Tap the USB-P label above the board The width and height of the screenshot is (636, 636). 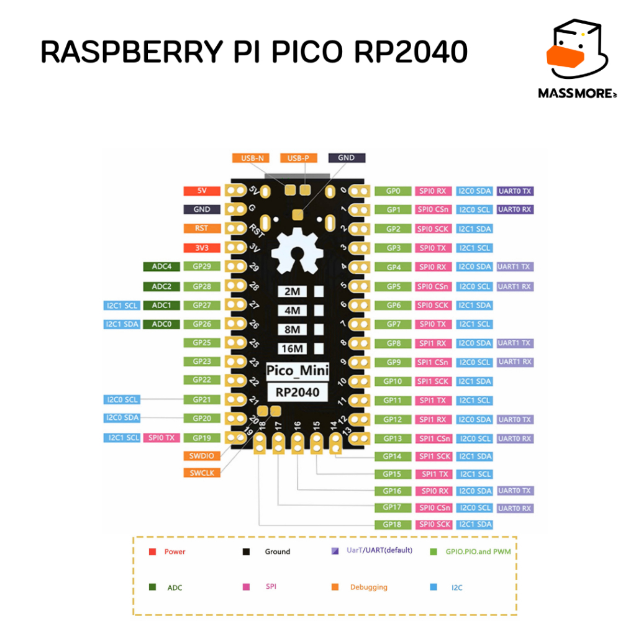(299, 158)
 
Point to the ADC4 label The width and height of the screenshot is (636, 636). (161, 267)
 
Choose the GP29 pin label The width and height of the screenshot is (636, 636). (202, 267)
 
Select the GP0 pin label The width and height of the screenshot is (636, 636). (393, 191)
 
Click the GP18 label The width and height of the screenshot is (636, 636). (393, 524)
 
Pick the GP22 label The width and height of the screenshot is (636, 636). (202, 379)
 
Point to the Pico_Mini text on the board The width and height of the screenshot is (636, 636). (298, 371)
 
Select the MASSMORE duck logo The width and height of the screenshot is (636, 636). (575, 53)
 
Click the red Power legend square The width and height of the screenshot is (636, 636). (152, 551)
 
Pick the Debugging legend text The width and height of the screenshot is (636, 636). (368, 587)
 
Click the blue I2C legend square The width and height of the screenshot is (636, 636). (433, 586)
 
